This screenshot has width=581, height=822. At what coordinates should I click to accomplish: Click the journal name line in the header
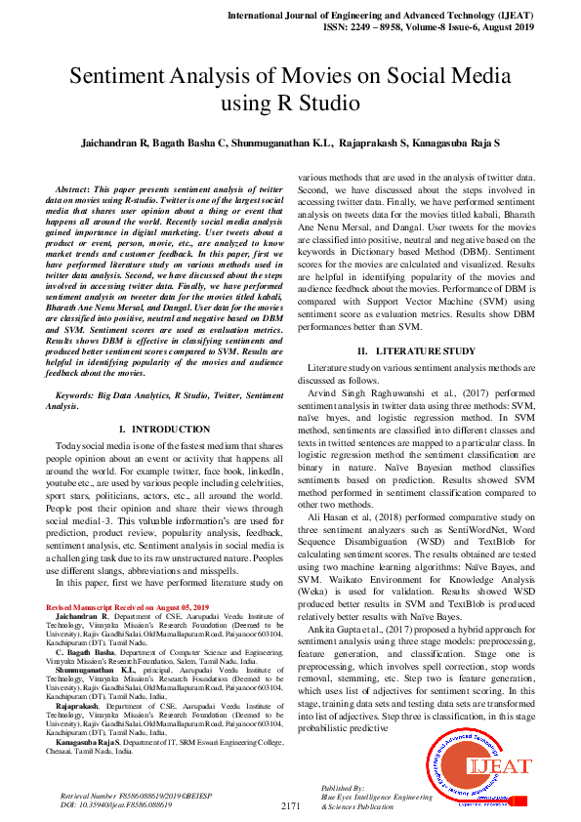point(394,17)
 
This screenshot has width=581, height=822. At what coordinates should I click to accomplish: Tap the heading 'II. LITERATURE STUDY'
point(415,349)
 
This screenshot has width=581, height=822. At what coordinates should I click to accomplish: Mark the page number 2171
point(290,805)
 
